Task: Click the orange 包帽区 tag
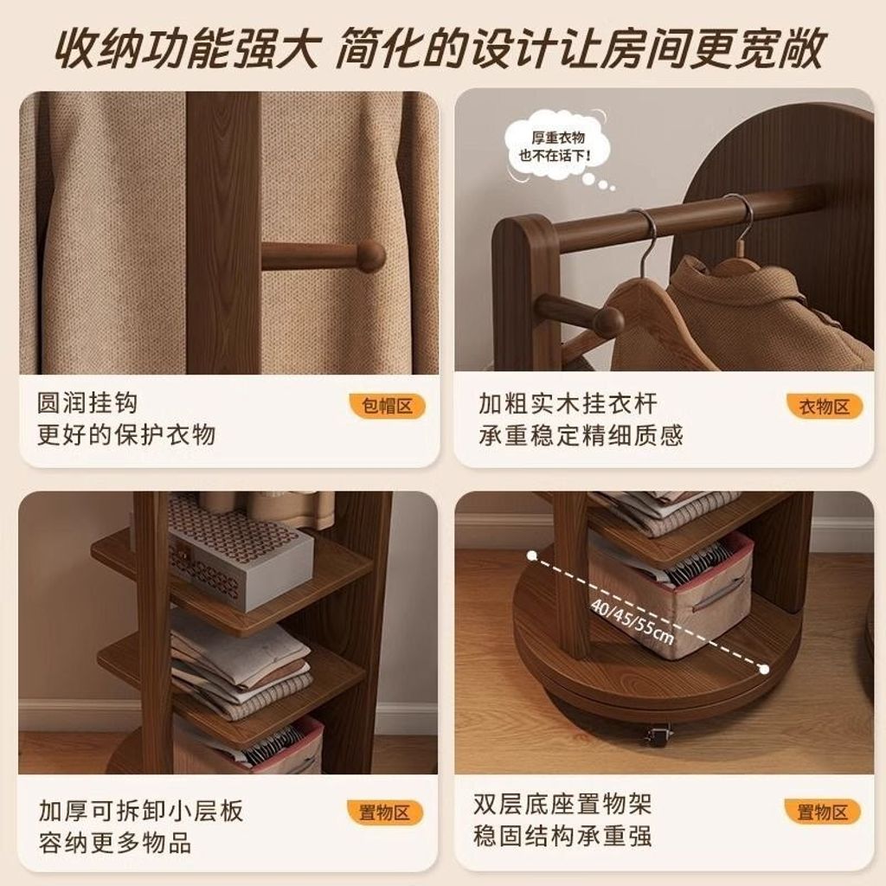coord(387,406)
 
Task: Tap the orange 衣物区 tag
coord(825,406)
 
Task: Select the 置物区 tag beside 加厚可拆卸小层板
coord(385,812)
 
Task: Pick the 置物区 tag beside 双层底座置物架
coord(823,812)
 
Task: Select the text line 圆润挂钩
coord(87,403)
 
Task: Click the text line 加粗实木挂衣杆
coord(568,403)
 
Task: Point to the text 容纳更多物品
coord(115,843)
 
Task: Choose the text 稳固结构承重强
coord(562,835)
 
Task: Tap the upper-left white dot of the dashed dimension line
coord(531,556)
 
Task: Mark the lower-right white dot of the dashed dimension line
coord(765,670)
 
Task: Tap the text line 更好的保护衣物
coord(126,435)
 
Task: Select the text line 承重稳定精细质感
coord(581,435)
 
